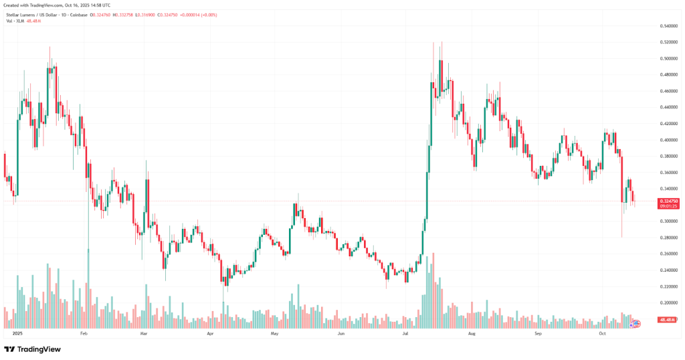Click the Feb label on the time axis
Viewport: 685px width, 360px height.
coord(84,333)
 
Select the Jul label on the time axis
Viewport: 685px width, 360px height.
coord(405,333)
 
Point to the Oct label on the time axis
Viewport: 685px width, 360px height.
coord(602,333)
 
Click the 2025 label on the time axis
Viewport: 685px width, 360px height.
coord(18,333)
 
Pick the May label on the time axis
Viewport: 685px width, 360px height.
coord(274,333)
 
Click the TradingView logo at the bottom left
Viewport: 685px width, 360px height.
coord(32,349)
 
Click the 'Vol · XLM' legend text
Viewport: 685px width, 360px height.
coord(15,21)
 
